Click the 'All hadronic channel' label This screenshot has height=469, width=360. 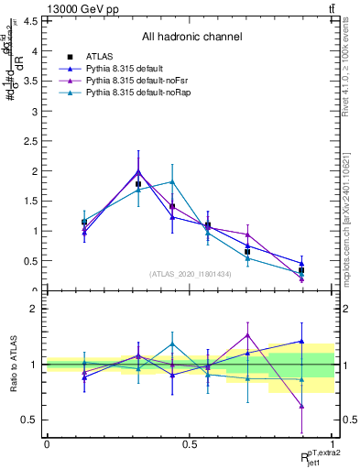(191, 38)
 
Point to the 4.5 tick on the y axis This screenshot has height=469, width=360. (30, 21)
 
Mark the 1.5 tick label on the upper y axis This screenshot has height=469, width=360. (30, 201)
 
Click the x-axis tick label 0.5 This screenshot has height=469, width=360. (190, 444)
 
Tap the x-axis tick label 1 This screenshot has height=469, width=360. (333, 444)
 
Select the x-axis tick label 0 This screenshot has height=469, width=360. (47, 444)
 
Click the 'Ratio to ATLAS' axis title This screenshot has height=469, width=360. (13, 365)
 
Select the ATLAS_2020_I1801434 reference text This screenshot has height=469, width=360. (191, 274)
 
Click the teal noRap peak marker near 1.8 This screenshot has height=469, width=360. (171, 182)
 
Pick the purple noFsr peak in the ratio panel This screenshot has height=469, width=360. (247, 334)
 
